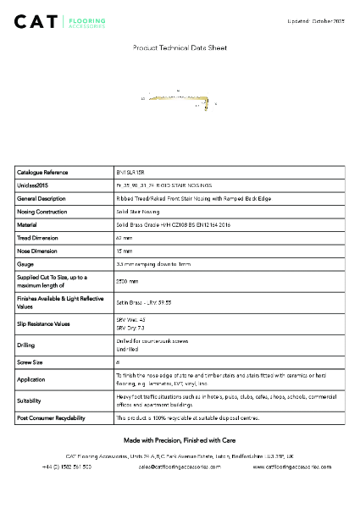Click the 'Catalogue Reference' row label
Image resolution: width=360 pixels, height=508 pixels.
[x=42, y=172]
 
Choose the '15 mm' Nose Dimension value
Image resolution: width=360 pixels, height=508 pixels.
[x=125, y=251]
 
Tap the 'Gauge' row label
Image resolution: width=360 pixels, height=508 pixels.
[x=25, y=264]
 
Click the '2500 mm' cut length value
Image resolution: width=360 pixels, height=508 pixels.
[x=128, y=281]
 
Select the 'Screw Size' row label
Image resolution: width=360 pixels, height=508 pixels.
[x=30, y=361]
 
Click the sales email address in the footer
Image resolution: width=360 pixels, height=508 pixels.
[x=180, y=467]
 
